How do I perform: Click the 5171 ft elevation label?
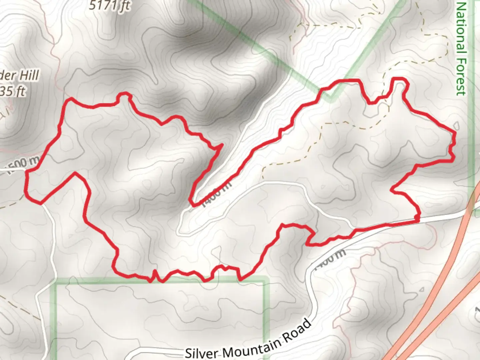click(x=109, y=6)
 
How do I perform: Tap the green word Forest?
click(x=461, y=77)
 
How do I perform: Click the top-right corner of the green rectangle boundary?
click(x=266, y=279)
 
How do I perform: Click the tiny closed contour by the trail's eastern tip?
click(x=457, y=126)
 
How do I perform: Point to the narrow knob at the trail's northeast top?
click(x=399, y=80)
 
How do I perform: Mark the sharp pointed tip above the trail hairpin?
click(x=222, y=145)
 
